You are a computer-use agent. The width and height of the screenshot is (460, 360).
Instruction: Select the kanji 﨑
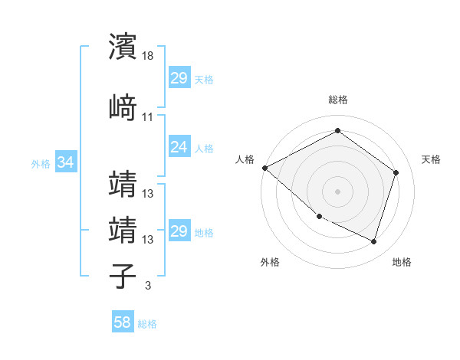tap(123, 107)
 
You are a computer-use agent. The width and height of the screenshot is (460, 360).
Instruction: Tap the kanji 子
tap(123, 276)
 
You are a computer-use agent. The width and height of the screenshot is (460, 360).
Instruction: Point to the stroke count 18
tap(148, 56)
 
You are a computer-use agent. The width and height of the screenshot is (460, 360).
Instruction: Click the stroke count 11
tap(148, 117)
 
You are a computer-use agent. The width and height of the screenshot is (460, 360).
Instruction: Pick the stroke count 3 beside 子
tap(147, 286)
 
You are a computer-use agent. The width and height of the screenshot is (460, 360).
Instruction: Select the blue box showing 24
tap(179, 147)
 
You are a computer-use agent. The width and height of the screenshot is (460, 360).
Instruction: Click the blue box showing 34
tap(65, 162)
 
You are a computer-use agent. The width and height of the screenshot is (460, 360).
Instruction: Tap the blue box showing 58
tap(123, 322)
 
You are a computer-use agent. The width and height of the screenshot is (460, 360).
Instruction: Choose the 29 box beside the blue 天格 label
tap(179, 78)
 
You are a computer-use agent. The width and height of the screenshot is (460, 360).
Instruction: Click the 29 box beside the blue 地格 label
tap(179, 231)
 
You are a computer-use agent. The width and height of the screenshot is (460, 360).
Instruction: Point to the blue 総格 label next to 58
tap(147, 324)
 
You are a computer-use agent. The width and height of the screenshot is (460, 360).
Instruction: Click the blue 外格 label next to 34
tap(41, 163)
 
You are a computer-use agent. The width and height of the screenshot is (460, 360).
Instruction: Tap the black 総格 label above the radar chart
tap(337, 100)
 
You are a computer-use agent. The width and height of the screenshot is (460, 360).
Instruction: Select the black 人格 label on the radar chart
tap(245, 159)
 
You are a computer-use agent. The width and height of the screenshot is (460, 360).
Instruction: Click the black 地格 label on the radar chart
tap(402, 262)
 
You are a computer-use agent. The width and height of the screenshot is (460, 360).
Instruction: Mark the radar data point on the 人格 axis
tap(264, 168)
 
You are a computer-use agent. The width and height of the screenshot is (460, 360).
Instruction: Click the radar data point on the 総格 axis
tap(337, 131)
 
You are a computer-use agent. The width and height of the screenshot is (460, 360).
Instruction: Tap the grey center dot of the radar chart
tap(337, 191)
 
